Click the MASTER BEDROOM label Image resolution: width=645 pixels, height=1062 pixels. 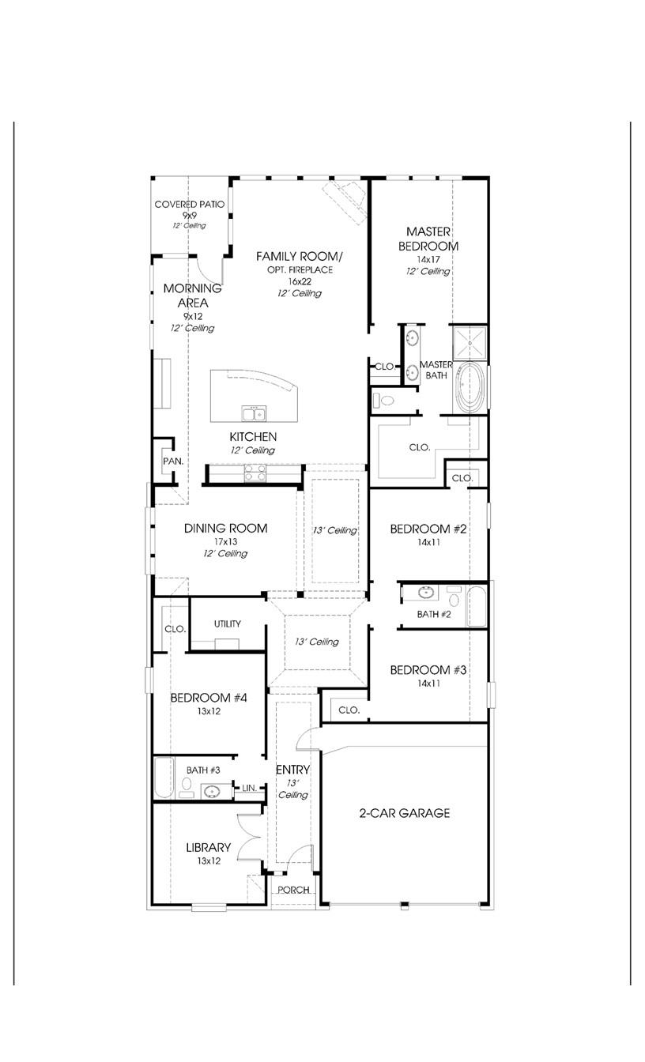point(428,239)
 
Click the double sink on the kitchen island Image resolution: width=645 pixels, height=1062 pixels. point(254,413)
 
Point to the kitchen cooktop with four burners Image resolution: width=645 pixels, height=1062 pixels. point(254,473)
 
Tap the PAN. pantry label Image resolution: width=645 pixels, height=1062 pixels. point(173,461)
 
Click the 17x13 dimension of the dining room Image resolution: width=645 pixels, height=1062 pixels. point(225,542)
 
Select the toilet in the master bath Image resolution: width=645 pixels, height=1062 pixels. point(384,401)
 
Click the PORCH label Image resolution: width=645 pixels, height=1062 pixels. point(293,890)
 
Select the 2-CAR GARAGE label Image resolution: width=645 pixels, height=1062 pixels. point(405,813)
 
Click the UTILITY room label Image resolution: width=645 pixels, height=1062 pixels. point(227,624)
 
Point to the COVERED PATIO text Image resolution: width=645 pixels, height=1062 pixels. point(189,205)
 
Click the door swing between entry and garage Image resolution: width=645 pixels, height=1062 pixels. point(305,737)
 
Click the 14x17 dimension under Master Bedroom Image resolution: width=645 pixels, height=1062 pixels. point(428,259)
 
